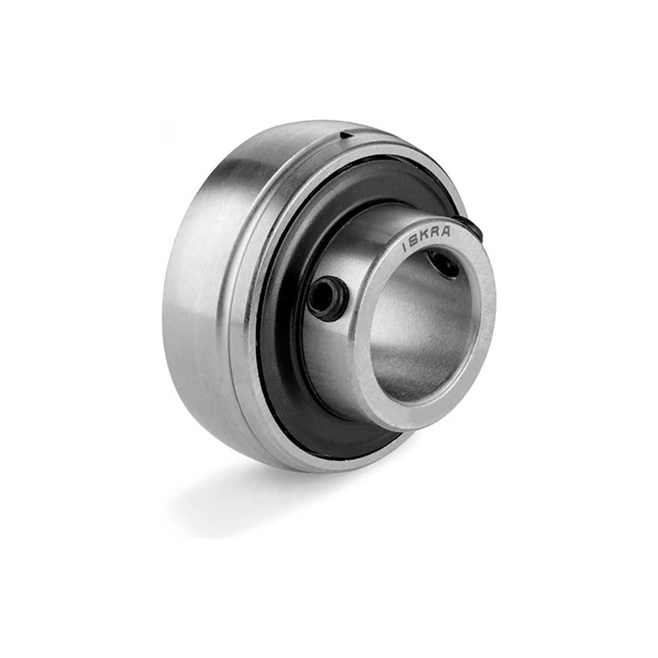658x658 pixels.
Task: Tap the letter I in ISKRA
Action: point(404,248)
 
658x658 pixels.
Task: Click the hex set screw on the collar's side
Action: point(328,293)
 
